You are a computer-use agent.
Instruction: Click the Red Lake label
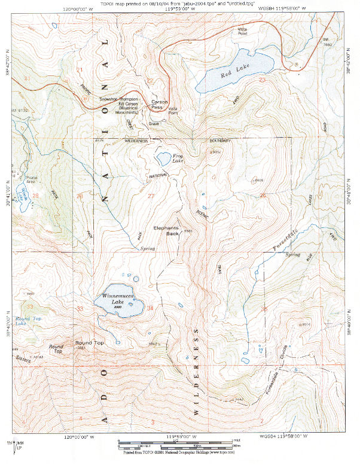229,74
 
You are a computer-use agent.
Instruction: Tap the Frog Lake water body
163,159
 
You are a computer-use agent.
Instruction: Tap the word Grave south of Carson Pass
154,124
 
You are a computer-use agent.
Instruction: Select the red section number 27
151,196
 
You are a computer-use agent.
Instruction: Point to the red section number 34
150,308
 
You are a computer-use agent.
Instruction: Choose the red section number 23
262,80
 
